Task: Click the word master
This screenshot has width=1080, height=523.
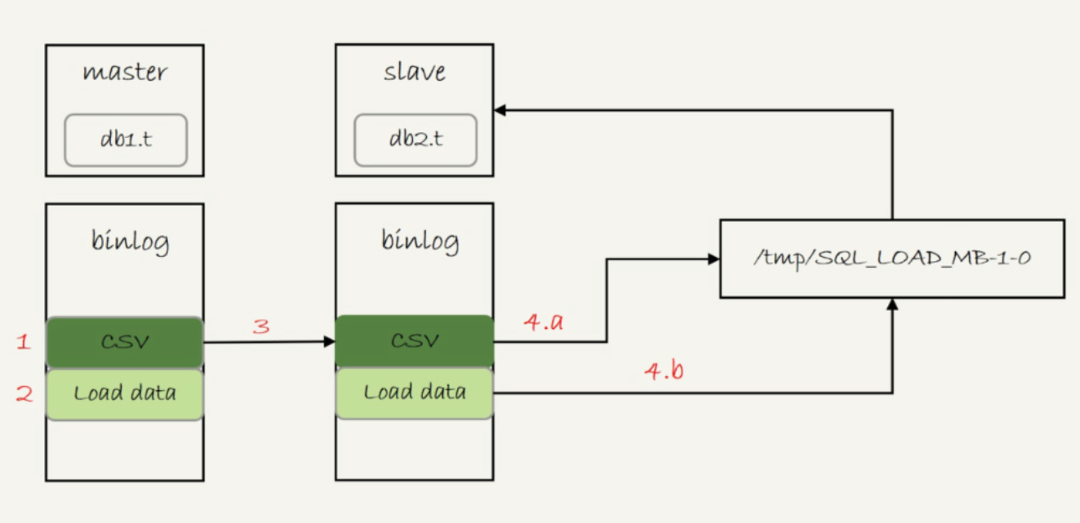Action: pyautogui.click(x=124, y=72)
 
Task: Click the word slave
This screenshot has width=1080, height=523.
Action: pyautogui.click(x=414, y=72)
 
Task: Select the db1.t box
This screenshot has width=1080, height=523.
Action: pyautogui.click(x=126, y=140)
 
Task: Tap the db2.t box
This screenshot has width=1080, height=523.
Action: pyautogui.click(x=416, y=140)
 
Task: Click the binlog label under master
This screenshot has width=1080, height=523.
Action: pyautogui.click(x=131, y=242)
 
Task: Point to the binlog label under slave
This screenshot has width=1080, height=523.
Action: pyautogui.click(x=420, y=242)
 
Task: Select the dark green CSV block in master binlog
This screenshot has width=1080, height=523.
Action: pyautogui.click(x=124, y=342)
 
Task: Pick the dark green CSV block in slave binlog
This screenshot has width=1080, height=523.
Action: pyautogui.click(x=414, y=341)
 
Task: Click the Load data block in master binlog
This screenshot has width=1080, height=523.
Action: pyautogui.click(x=124, y=393)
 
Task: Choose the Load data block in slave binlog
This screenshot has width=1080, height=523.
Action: pyautogui.click(x=414, y=393)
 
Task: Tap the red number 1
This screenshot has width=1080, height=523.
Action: pyautogui.click(x=24, y=342)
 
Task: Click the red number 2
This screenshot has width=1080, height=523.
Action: pyautogui.click(x=24, y=394)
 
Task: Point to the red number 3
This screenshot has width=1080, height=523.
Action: pyautogui.click(x=261, y=327)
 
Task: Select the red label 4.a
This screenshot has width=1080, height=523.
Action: pyautogui.click(x=543, y=322)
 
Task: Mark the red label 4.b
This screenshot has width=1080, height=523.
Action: pyautogui.click(x=664, y=371)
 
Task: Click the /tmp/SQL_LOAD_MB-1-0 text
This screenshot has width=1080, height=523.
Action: pyautogui.click(x=891, y=259)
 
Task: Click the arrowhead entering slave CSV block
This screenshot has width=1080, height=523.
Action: pyautogui.click(x=329, y=342)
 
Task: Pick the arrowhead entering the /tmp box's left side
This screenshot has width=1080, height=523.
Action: pyautogui.click(x=713, y=259)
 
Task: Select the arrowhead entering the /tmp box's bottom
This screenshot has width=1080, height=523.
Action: pyautogui.click(x=892, y=304)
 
